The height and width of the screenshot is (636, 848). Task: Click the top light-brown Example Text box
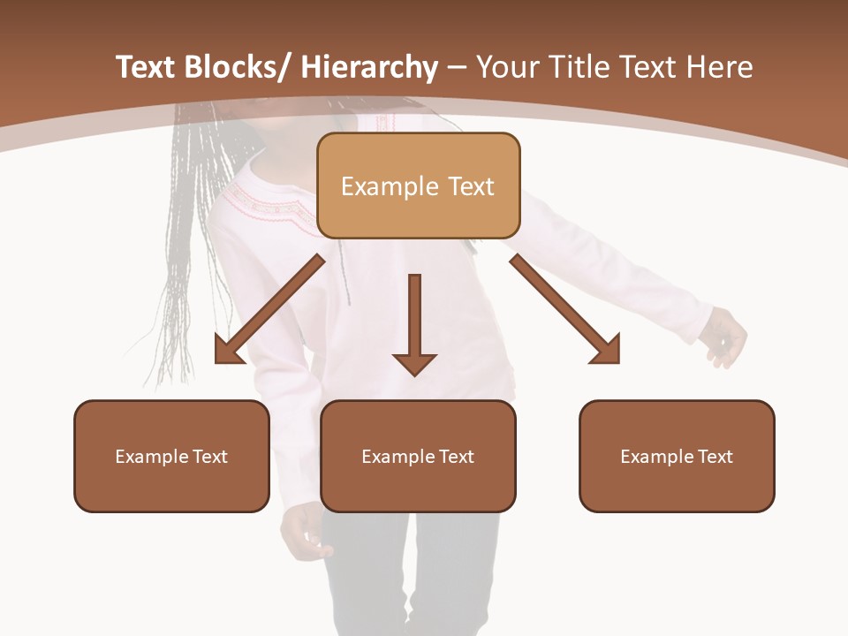[x=418, y=185]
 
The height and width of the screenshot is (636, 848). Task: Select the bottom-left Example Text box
[x=171, y=456]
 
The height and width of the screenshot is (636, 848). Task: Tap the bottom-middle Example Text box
[x=418, y=456]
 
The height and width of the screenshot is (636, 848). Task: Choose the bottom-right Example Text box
[x=677, y=456]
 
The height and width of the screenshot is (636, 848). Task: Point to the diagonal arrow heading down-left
[x=269, y=309]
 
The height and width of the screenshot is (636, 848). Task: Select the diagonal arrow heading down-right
[x=565, y=309]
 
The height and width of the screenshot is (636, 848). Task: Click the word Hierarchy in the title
[x=369, y=67]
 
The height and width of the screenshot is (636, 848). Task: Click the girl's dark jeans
[x=406, y=574]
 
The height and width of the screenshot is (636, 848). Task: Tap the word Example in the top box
[x=377, y=185]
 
